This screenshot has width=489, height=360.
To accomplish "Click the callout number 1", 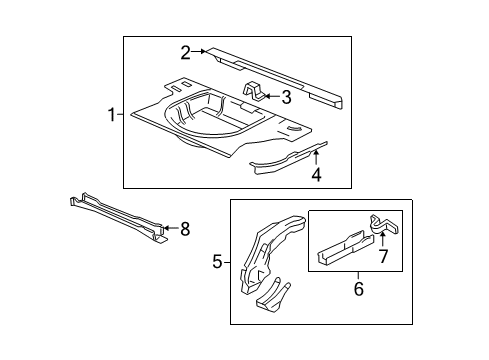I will pos(112,115).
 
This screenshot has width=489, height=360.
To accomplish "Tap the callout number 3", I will pos(286,97).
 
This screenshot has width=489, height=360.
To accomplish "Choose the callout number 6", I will pos(359,289).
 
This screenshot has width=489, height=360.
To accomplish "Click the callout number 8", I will pos(185,229).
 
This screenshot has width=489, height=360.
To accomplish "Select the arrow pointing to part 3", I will pos(270,97).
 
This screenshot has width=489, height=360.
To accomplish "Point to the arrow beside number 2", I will pos(200,51).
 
